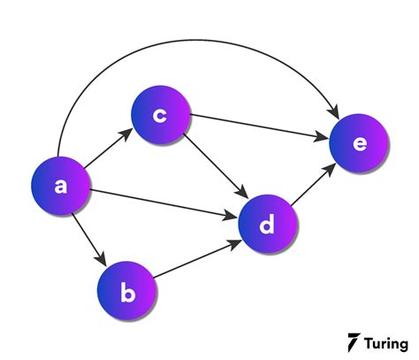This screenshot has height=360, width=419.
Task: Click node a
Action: pyautogui.click(x=60, y=186)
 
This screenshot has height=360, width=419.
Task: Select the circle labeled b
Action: pyautogui.click(x=126, y=291)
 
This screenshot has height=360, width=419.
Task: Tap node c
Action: pyautogui.click(x=161, y=115)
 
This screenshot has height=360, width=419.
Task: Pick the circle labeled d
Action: pyautogui.click(x=268, y=224)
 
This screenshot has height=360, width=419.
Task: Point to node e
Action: pyautogui.click(x=359, y=143)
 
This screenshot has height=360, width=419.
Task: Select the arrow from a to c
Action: pyautogui.click(x=109, y=149)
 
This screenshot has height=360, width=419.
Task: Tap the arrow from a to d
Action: pyautogui.click(x=164, y=204)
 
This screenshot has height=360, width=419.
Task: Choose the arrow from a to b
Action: pyautogui.click(x=88, y=240)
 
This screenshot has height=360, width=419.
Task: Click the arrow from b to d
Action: pyautogui.click(x=198, y=259)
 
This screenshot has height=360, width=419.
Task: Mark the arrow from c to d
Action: pyautogui.click(x=216, y=166)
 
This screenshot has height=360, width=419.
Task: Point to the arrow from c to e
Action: pyautogui.click(x=259, y=126)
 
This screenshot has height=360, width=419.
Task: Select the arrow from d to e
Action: pyautogui.click(x=313, y=185)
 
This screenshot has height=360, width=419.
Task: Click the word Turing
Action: pyautogui.click(x=386, y=344)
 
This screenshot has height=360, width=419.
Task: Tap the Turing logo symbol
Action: pyautogui.click(x=354, y=342)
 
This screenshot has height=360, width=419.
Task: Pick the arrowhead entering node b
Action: pyautogui.click(x=101, y=258)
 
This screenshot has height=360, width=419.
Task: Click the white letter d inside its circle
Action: pyautogui.click(x=267, y=224)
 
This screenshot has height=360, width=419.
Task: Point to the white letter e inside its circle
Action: pyautogui.click(x=360, y=143)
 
